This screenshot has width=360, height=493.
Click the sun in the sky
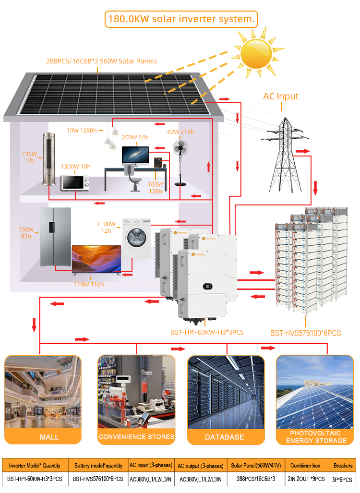pyautogui.click(x=256, y=53)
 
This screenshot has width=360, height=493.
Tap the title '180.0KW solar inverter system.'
pyautogui.click(x=181, y=19)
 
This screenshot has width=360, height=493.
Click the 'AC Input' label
pyautogui.click(x=280, y=96)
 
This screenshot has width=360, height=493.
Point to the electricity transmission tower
pyautogui.click(x=285, y=155)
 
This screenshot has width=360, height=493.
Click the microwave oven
pyautogui.click(x=75, y=183)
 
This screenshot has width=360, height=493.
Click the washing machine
pyautogui.click(x=136, y=238)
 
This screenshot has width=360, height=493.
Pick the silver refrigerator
pyautogui.click(x=56, y=237)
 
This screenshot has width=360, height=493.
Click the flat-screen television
pyautogui.click(x=96, y=259)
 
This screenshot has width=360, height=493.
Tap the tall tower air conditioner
pyautogui.click(x=49, y=159)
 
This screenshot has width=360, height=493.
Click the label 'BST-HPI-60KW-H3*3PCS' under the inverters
pyautogui.click(x=207, y=332)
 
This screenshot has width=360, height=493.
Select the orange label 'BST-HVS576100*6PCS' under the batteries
pyautogui.click(x=306, y=333)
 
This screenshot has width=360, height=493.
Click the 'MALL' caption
pyautogui.click(x=49, y=437)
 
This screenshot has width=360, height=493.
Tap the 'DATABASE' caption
pyautogui.click(x=225, y=437)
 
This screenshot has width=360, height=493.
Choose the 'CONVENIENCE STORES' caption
pyautogui.click(x=136, y=437)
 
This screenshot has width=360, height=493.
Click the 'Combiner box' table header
pyautogui.click(x=305, y=465)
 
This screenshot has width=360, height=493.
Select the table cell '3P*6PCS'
pyautogui.click(x=342, y=480)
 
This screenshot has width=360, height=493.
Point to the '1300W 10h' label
pyautogui.click(x=75, y=166)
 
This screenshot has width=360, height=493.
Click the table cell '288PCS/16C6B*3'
pyautogui.click(x=256, y=479)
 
